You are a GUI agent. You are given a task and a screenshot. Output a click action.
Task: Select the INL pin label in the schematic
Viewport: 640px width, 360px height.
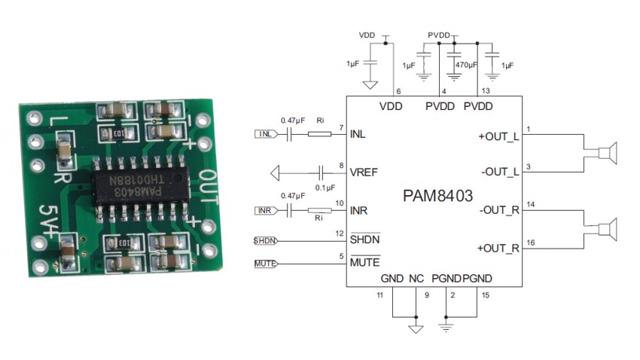pos(358,135)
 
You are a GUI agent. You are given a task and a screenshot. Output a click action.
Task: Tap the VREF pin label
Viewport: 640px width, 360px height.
pos(364,172)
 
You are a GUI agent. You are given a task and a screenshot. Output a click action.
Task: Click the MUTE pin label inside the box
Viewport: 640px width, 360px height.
pos(364,263)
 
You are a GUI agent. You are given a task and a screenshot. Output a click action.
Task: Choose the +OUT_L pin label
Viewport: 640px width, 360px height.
pos(498,137)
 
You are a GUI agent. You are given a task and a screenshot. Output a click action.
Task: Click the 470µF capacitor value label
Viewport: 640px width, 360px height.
pos(467,66)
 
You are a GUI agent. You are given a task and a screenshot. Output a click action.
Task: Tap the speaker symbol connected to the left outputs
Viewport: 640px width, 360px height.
pos(607,154)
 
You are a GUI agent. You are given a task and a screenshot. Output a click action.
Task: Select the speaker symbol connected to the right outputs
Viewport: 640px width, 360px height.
pos(607,229)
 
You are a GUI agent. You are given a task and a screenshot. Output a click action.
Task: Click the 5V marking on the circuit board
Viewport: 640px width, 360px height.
pos(47,219)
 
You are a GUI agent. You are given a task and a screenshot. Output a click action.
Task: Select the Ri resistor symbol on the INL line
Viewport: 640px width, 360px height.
pos(319,135)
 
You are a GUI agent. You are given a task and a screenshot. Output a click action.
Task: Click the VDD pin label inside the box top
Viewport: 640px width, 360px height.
pos(391,106)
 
